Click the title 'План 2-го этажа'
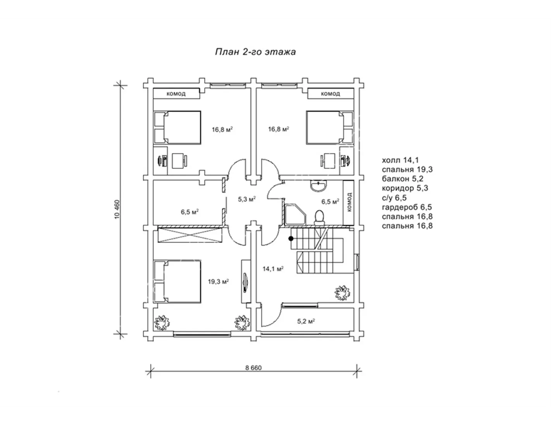point(255,52)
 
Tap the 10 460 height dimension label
point(117,210)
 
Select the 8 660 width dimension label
point(253,368)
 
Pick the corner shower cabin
point(296,215)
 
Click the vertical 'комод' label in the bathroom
point(350,202)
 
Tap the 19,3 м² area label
point(218,282)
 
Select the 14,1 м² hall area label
point(273,269)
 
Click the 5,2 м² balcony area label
point(306,321)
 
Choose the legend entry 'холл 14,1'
point(400,160)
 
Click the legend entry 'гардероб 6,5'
point(407,207)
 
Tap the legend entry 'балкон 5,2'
point(403,179)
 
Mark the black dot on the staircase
point(291,239)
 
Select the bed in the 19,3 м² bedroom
point(177,282)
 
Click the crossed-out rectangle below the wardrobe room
point(190,235)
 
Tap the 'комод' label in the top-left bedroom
point(176,94)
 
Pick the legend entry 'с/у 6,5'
point(394,198)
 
